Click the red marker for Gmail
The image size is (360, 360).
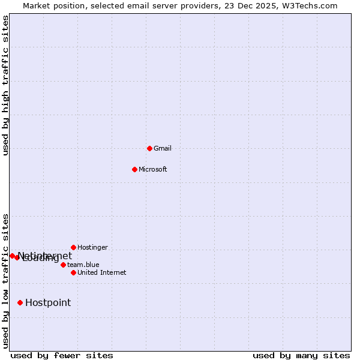pyautogui.click(x=149, y=148)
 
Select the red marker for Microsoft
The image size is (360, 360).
pyautogui.click(x=134, y=169)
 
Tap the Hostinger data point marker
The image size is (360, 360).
pyautogui.click(x=73, y=247)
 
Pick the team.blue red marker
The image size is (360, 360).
pyautogui.click(x=63, y=265)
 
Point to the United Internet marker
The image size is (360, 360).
pyautogui.click(x=73, y=272)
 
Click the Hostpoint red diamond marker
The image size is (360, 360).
pyautogui.click(x=20, y=303)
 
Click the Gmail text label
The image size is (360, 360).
pyautogui.click(x=163, y=148)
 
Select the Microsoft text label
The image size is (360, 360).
pyautogui.click(x=152, y=169)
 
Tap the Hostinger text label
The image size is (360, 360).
pyautogui.click(x=92, y=247)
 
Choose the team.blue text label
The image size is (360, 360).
pyautogui.click(x=83, y=265)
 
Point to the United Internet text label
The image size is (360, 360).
pyautogui.click(x=101, y=272)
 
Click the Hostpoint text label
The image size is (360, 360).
pyautogui.click(x=48, y=303)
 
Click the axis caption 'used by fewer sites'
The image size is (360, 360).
pyautogui.click(x=62, y=356)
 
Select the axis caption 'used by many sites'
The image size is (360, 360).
pyautogui.click(x=301, y=356)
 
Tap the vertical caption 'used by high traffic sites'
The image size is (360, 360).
pyautogui.click(x=5, y=85)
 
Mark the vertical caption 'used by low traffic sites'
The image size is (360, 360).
pyautogui.click(x=5, y=281)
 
